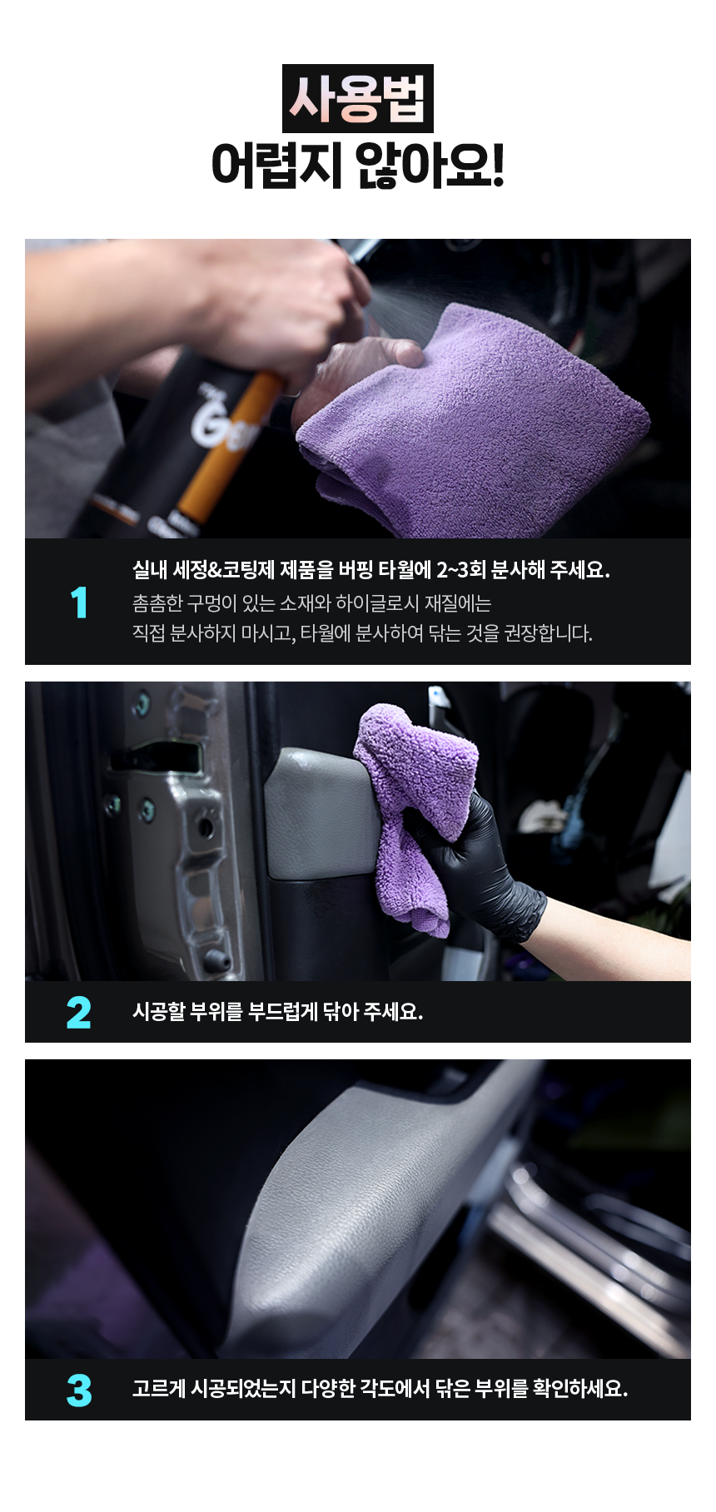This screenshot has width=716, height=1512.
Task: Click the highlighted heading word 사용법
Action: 358,99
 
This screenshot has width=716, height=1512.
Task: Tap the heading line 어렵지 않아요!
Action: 358,165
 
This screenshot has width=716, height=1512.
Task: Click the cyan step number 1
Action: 79,602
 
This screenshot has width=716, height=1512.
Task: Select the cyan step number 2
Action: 79,1013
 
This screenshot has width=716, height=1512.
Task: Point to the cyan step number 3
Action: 79,1391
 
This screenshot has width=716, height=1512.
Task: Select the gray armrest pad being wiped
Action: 321,811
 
